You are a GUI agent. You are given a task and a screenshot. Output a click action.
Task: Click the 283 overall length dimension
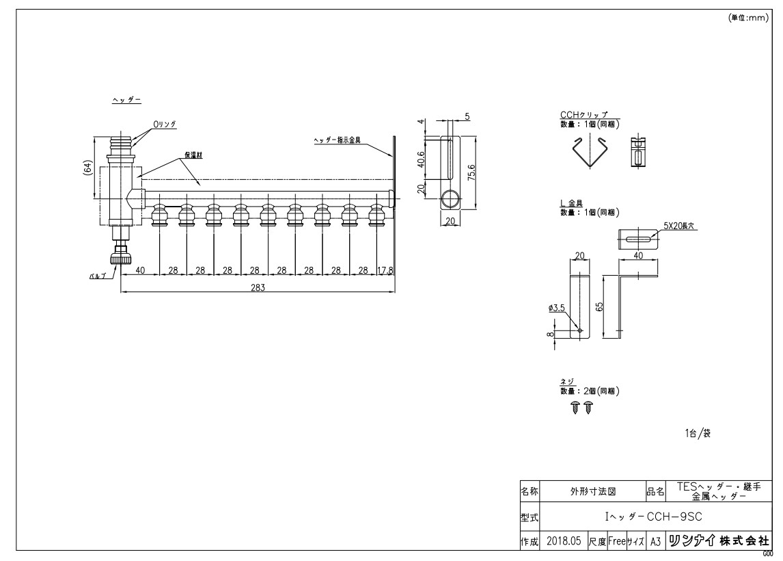(x=258, y=287)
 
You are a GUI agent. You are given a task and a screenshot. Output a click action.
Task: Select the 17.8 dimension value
(x=385, y=270)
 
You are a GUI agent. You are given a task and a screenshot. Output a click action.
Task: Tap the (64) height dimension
(x=87, y=168)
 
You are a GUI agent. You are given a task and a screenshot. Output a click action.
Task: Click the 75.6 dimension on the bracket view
(x=471, y=172)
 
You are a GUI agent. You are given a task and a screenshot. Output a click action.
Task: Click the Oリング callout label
(x=165, y=124)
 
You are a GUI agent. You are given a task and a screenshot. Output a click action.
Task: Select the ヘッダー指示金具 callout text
(x=337, y=140)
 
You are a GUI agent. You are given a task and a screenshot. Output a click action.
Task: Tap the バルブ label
(x=98, y=276)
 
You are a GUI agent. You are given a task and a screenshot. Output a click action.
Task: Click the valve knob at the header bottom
(x=121, y=259)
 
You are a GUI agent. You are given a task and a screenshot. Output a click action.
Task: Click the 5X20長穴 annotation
(x=679, y=226)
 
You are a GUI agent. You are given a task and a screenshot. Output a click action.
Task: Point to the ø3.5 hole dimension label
(x=556, y=308)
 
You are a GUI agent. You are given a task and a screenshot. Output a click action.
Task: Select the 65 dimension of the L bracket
(x=600, y=306)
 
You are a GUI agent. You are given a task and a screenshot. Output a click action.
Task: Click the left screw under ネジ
(x=575, y=407)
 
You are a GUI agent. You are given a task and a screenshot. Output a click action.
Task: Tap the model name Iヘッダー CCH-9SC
(x=654, y=517)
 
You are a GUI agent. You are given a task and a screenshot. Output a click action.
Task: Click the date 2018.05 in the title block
(x=564, y=541)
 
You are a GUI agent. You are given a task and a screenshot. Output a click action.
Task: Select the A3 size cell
(x=655, y=541)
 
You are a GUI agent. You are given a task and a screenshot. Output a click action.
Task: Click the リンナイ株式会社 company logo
(x=719, y=541)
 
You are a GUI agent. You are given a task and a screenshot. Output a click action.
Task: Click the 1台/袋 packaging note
(x=698, y=433)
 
